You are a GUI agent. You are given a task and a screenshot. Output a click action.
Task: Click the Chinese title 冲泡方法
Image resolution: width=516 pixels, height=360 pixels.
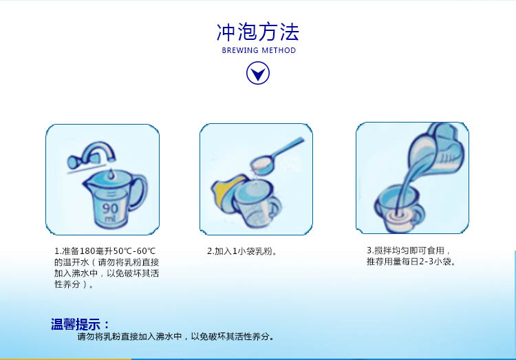[x=258, y=32]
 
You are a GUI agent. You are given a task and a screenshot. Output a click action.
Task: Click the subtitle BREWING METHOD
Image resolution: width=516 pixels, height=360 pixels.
[x=259, y=50]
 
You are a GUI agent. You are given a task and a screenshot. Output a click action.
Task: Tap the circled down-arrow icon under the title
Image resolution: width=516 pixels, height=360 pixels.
[x=258, y=73]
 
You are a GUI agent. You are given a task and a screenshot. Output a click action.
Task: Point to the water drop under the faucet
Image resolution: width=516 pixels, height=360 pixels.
[x=111, y=174]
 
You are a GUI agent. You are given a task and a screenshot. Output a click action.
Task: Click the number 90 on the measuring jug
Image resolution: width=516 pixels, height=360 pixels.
[x=110, y=209]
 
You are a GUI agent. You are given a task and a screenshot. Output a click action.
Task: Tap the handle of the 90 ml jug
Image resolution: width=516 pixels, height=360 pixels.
[x=139, y=193]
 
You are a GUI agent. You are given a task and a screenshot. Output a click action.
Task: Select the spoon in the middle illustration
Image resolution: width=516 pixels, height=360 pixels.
[x=277, y=156]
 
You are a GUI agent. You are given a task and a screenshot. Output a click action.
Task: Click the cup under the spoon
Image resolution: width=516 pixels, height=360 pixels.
[x=257, y=204]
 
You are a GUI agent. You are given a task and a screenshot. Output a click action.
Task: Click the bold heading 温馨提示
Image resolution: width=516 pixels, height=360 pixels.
[x=76, y=324]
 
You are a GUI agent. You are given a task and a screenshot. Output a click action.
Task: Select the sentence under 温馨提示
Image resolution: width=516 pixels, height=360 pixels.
[x=175, y=337]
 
